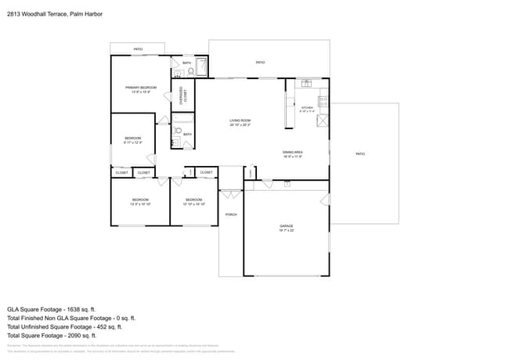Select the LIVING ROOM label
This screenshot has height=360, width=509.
[240, 121]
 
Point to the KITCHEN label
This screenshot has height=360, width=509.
[308, 107]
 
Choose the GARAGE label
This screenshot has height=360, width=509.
[287, 226]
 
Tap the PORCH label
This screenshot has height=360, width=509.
[231, 214]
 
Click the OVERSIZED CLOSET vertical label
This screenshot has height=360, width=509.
[182, 95]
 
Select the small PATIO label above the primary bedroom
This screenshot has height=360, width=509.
[138, 49]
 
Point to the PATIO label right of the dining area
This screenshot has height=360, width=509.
[360, 153]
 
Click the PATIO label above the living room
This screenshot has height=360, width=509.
[260, 62]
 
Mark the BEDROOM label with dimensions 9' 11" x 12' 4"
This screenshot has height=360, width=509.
[133, 140]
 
